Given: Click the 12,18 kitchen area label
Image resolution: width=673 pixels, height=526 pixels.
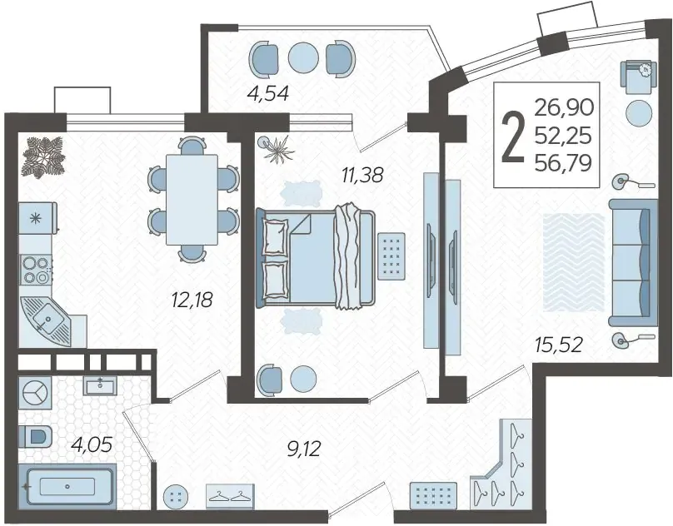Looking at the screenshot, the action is (192, 300).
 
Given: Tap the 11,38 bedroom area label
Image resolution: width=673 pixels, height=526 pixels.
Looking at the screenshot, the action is (362, 175).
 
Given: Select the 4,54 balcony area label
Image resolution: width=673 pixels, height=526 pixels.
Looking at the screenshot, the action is (268, 93).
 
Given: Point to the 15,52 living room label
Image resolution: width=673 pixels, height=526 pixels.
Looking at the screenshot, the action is (558, 345).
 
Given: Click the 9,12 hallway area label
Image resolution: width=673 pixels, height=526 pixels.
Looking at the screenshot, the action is (304, 449).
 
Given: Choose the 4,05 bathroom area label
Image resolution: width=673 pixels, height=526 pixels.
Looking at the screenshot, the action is (92, 444).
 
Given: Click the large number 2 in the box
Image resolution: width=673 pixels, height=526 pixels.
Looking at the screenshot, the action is (513, 136).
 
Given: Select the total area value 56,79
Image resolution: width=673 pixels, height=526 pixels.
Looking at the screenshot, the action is (564, 162).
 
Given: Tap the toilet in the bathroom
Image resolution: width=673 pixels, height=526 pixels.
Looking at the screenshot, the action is (35, 437).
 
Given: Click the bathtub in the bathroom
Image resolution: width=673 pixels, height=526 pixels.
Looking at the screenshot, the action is (67, 486).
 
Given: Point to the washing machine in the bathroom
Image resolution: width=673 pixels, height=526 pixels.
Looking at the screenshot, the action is (35, 393).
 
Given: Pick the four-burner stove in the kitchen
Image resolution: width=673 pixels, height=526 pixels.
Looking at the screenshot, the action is (37, 270).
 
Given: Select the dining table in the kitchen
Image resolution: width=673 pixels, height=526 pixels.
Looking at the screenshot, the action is (192, 200).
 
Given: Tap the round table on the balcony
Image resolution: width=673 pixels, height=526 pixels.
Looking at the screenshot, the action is (303, 57).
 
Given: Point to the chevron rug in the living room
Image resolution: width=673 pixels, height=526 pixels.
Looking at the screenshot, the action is (574, 262).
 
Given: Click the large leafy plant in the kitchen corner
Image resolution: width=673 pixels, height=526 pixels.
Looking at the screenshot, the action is (43, 156).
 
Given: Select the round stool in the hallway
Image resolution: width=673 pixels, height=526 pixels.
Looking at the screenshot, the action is (176, 497).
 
